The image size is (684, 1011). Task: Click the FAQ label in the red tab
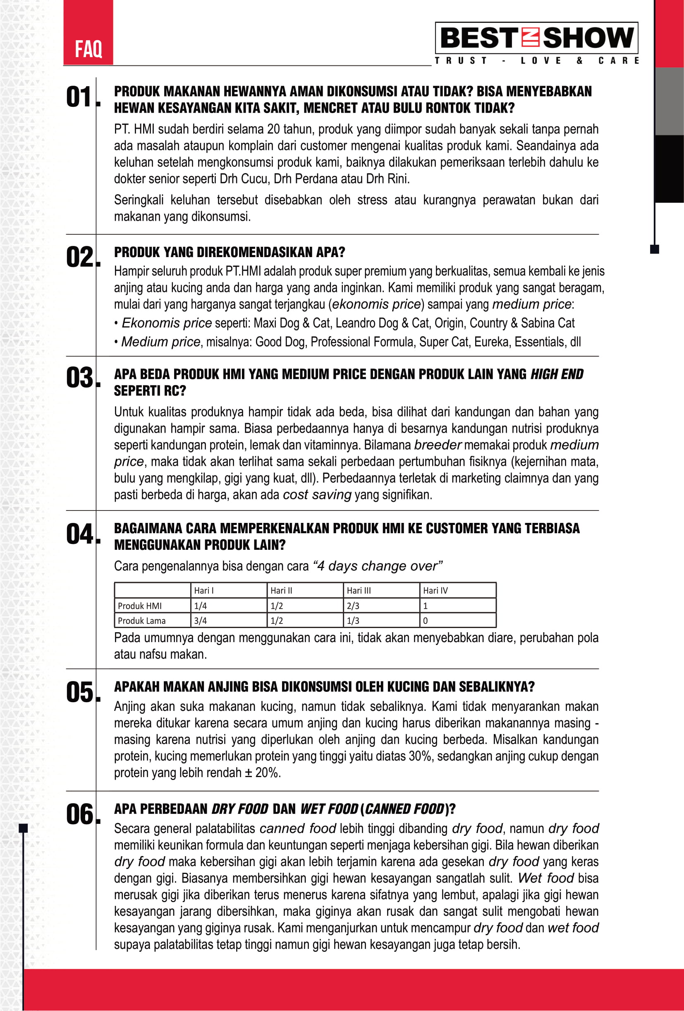[x=88, y=49]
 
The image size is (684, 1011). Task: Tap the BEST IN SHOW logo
[x=536, y=38]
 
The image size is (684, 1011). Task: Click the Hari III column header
[x=359, y=590]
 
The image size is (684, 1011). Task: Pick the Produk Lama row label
[x=142, y=620]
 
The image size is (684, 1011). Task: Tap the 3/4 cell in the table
[x=200, y=620]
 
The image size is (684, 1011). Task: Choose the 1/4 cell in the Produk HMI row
[x=200, y=606]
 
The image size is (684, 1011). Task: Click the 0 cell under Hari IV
[x=426, y=620]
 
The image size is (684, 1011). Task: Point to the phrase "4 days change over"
[x=378, y=566]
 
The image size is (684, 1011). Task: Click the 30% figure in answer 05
[x=420, y=756]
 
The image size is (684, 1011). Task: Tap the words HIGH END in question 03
[x=557, y=374]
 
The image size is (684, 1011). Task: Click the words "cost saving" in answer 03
[x=317, y=495]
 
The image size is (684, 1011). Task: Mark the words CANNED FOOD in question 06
[x=404, y=809]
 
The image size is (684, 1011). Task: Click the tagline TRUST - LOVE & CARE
[x=536, y=60]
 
